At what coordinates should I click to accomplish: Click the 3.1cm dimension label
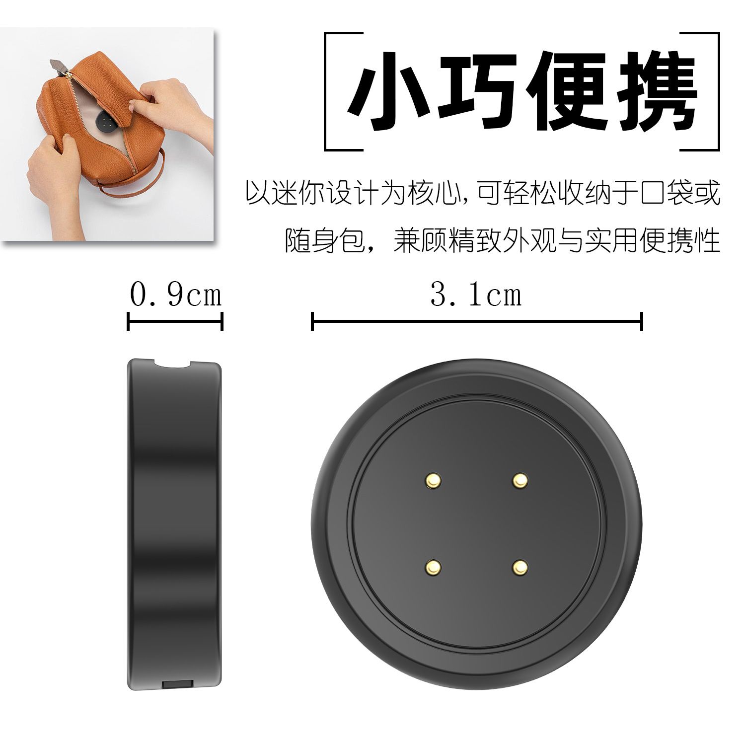(476, 295)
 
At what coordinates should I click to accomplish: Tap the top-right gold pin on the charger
(520, 480)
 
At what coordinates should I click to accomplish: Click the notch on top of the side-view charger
(173, 364)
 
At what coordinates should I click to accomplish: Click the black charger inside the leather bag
(106, 123)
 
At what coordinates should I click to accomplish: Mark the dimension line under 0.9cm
(175, 321)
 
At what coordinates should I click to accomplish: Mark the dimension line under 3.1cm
(477, 321)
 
